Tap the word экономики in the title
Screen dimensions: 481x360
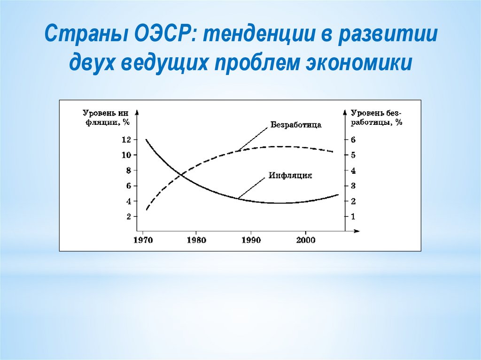coord(358,63)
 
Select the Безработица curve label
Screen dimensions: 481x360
coord(296,125)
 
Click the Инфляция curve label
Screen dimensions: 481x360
coord(290,176)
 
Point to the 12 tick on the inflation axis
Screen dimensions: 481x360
coord(126,140)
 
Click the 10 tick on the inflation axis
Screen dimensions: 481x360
coord(126,155)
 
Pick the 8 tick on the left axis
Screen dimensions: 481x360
coord(129,170)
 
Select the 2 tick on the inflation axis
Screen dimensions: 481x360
coord(129,216)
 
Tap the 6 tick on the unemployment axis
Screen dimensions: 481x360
coord(353,140)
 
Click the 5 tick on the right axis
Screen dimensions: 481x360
coord(353,155)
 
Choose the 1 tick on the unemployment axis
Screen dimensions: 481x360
coord(353,216)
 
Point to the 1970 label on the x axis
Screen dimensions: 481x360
coord(143,240)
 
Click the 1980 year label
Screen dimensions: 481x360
coord(196,240)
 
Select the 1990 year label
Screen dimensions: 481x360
coord(251,240)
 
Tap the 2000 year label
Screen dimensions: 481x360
coord(305,240)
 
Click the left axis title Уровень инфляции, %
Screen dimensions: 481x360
coord(106,118)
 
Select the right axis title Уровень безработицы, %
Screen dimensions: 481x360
coord(376,118)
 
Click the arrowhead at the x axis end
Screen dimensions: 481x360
coord(357,231)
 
